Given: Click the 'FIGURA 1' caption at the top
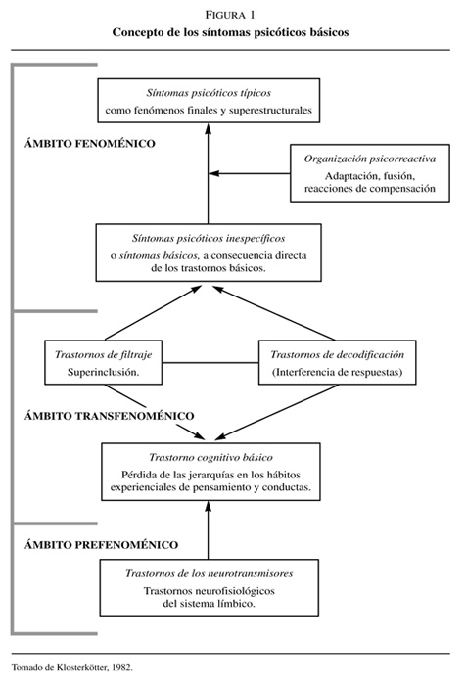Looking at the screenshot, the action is [x=230, y=15].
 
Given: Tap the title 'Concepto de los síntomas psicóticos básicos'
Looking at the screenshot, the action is [x=231, y=32].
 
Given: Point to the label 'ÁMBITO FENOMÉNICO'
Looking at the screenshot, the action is [x=90, y=144].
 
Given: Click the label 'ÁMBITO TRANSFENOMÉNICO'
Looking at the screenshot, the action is [x=110, y=416].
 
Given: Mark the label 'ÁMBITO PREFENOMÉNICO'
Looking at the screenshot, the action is [x=102, y=545].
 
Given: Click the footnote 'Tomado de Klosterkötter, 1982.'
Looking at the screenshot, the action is [x=71, y=667].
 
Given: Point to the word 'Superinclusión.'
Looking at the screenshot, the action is [x=103, y=373].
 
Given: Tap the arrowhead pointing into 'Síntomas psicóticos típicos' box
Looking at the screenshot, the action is [x=208, y=129].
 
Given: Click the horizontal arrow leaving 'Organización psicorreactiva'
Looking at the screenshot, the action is [x=250, y=173].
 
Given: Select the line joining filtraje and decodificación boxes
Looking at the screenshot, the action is [x=210, y=362].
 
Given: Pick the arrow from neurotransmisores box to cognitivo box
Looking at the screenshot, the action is [x=208, y=530].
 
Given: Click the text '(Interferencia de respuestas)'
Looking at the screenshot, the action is [x=337, y=373].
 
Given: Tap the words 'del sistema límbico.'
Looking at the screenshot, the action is [x=209, y=604].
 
